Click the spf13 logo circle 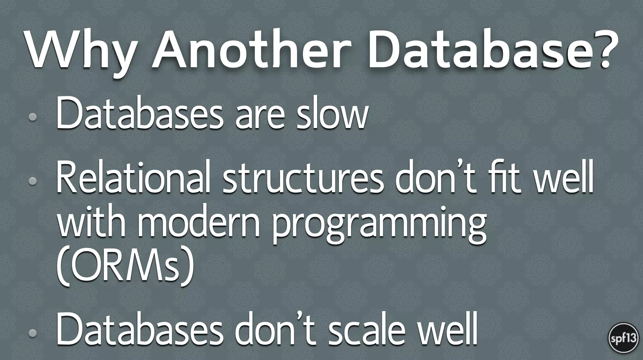tap(623, 339)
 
